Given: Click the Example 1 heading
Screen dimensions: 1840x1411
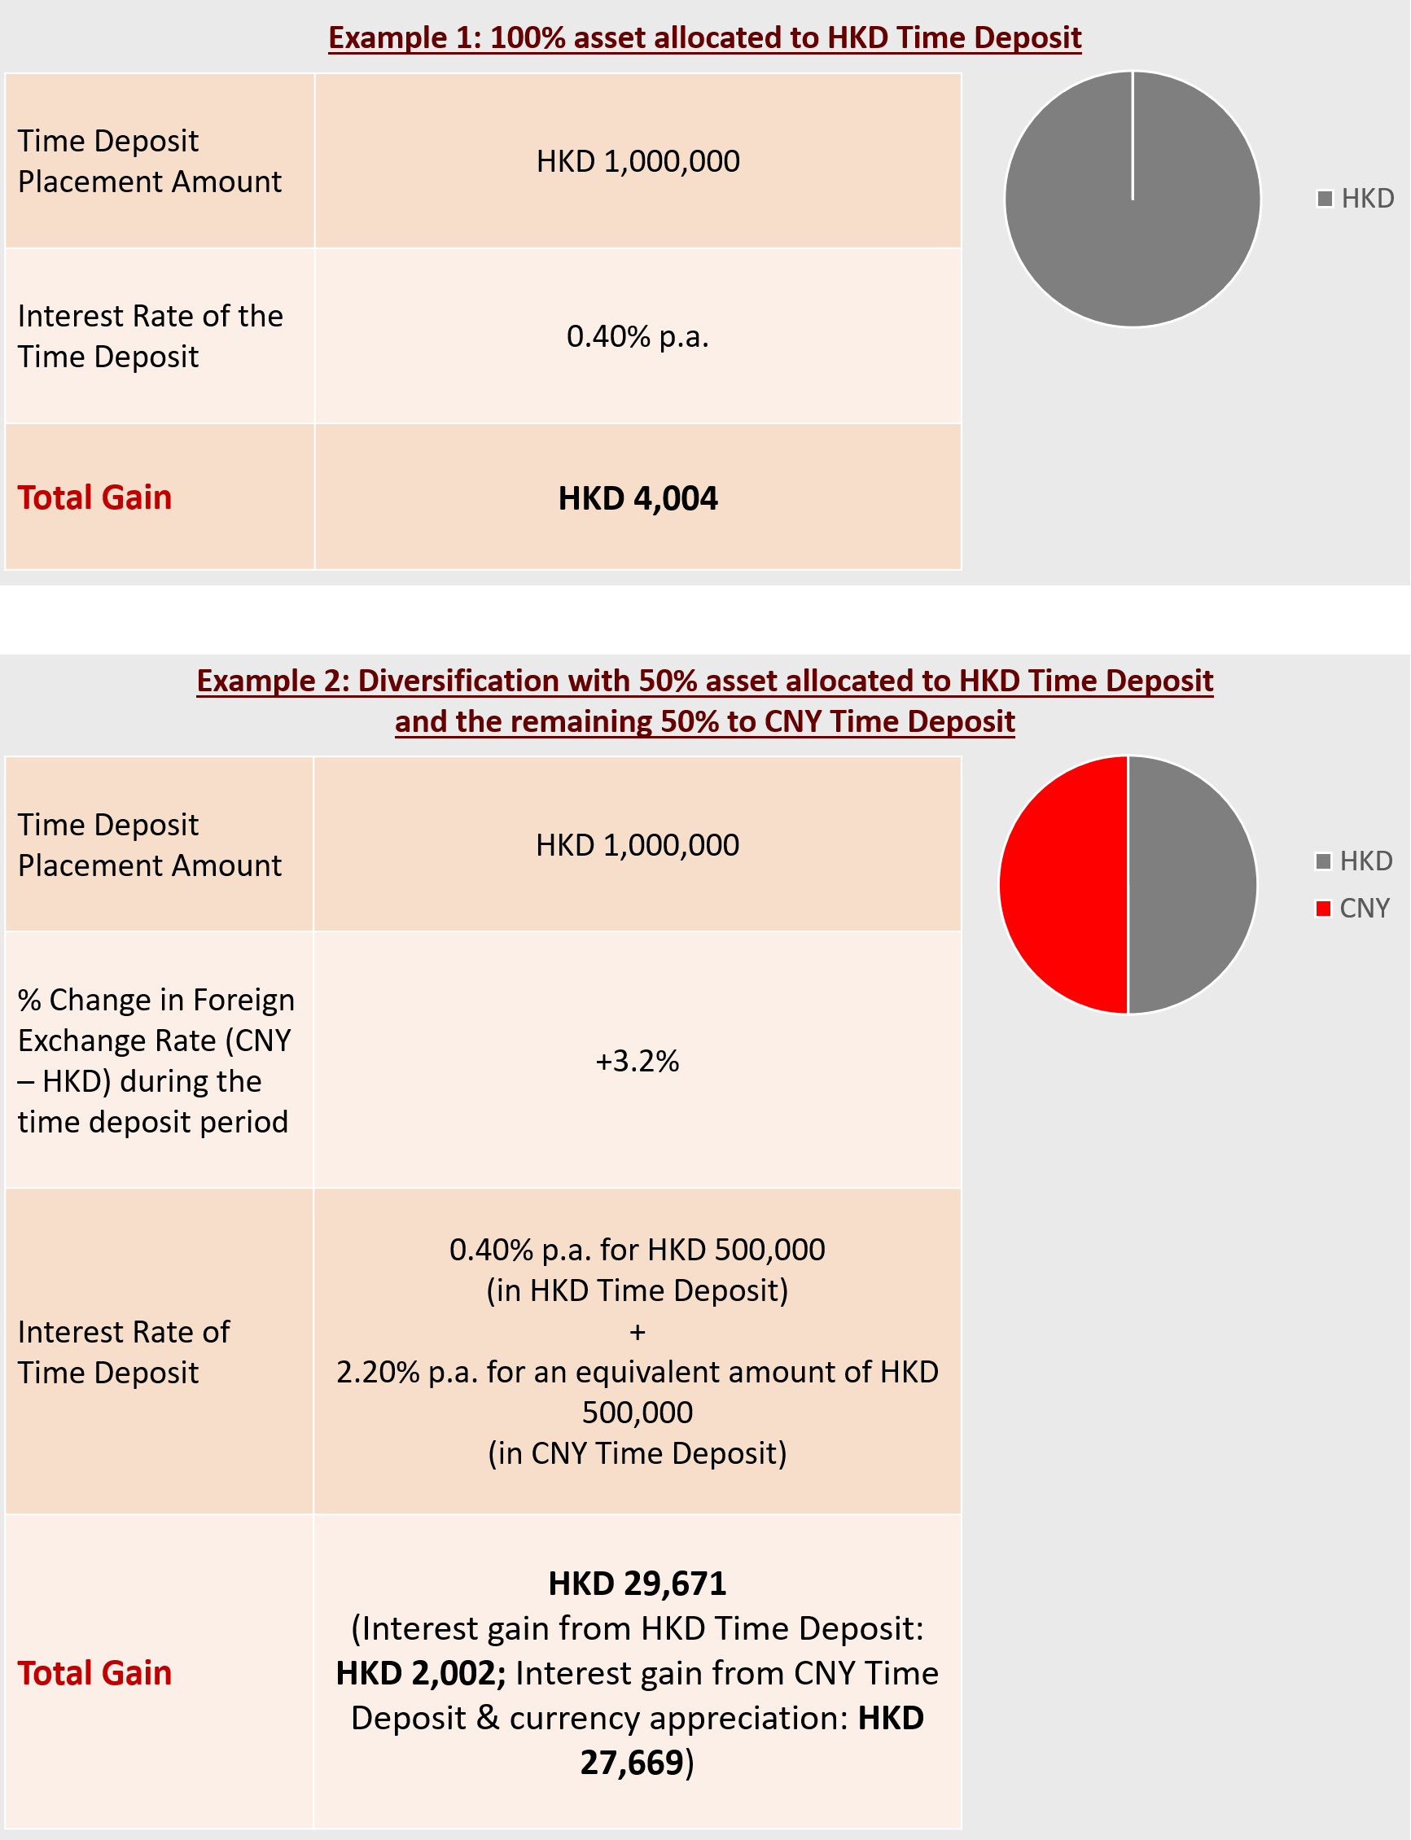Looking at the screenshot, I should pos(703,37).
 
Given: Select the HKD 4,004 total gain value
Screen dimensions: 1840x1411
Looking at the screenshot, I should pos(638,498).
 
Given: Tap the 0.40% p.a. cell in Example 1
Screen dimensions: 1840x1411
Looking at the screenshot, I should pos(638,337).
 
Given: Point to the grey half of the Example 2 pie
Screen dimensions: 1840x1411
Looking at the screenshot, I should pos(1191,884).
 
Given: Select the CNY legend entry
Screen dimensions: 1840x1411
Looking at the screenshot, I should pos(1353,908).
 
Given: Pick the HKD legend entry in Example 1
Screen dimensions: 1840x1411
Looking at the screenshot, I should pos(1356,198).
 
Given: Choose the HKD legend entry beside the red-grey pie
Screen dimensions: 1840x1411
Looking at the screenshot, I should pos(1354,861).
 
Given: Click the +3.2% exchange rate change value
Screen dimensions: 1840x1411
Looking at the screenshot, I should pos(637,1061).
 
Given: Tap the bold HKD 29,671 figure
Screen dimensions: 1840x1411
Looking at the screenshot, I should pos(637,1583).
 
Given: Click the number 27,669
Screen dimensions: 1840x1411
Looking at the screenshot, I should pos(632,1762).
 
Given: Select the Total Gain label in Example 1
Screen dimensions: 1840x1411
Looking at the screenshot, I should pos(95,497).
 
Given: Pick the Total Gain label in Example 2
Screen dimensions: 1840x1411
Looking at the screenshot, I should pos(95,1673).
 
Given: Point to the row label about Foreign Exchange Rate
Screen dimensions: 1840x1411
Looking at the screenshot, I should pos(156,1060).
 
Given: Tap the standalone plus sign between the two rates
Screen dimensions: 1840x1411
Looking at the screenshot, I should pos(638,1331).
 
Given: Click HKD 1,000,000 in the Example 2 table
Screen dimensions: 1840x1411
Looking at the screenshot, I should pos(638,845).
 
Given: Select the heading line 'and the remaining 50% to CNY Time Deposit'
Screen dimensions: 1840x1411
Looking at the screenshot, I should pos(703,721).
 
